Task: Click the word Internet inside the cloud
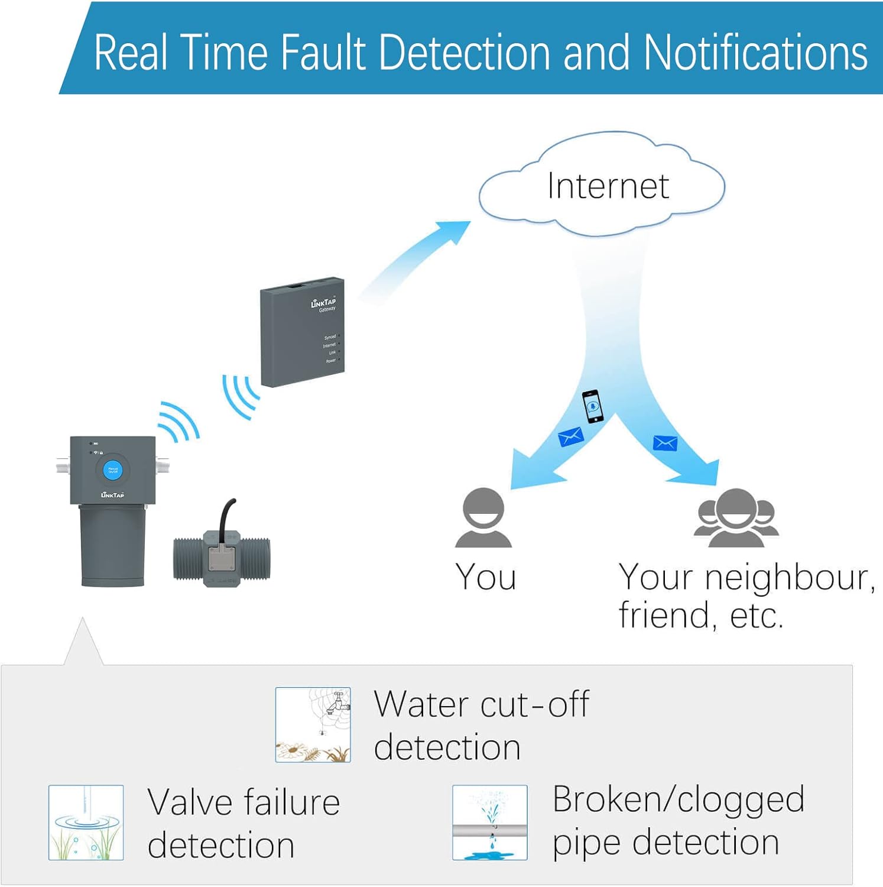(x=608, y=186)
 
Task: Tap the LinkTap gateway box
(x=302, y=332)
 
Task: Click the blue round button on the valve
(x=112, y=471)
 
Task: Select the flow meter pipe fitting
(x=222, y=559)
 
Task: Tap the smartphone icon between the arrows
(x=593, y=406)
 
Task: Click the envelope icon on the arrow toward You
(x=571, y=437)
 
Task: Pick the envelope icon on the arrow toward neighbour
(x=665, y=443)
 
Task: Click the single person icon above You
(x=483, y=517)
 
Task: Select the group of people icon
(x=736, y=517)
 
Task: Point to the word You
(x=486, y=577)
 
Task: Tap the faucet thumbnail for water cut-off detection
(x=313, y=724)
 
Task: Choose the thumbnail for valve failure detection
(x=86, y=822)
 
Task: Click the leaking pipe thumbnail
(x=490, y=822)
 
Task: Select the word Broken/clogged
(x=678, y=799)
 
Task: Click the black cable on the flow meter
(x=226, y=514)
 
